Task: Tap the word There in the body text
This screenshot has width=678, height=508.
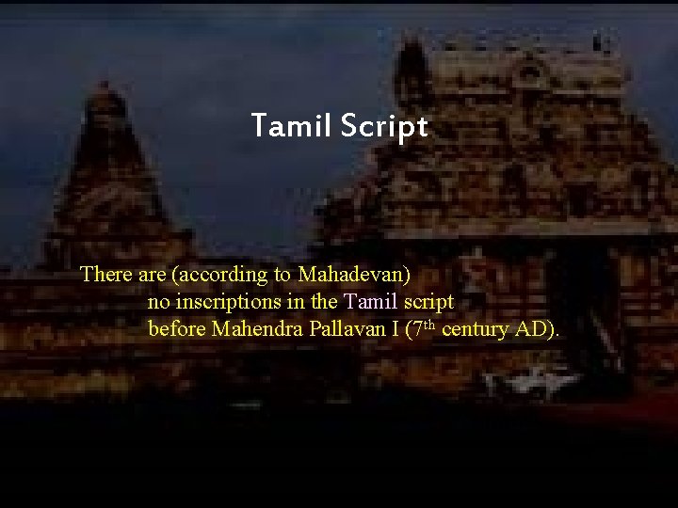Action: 104,275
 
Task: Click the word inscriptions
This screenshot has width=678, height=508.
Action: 223,303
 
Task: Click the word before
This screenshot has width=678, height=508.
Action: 177,330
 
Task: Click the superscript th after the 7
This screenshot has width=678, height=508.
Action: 429,325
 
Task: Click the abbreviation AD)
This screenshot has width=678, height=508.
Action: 538,330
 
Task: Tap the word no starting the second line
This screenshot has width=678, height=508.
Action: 158,303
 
